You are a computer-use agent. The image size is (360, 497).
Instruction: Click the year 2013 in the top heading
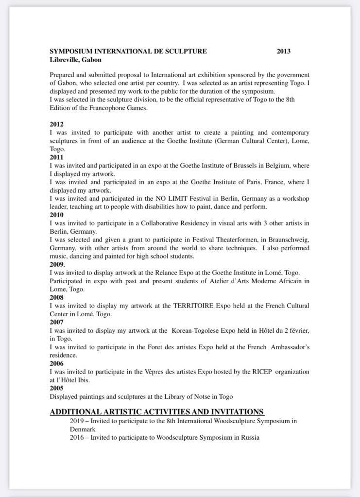click(284, 51)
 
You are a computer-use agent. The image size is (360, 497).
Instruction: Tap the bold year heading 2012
click(56, 124)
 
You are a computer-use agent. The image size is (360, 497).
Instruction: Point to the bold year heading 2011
click(56, 157)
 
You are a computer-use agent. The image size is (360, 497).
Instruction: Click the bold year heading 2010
click(56, 215)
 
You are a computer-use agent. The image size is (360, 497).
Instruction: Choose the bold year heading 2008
click(56, 297)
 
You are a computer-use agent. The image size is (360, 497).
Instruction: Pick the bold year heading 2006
click(56, 363)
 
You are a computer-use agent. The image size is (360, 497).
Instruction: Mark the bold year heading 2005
click(56, 388)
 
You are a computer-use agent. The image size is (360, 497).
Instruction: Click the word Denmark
click(83, 429)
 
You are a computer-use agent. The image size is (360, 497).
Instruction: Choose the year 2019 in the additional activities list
click(77, 421)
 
